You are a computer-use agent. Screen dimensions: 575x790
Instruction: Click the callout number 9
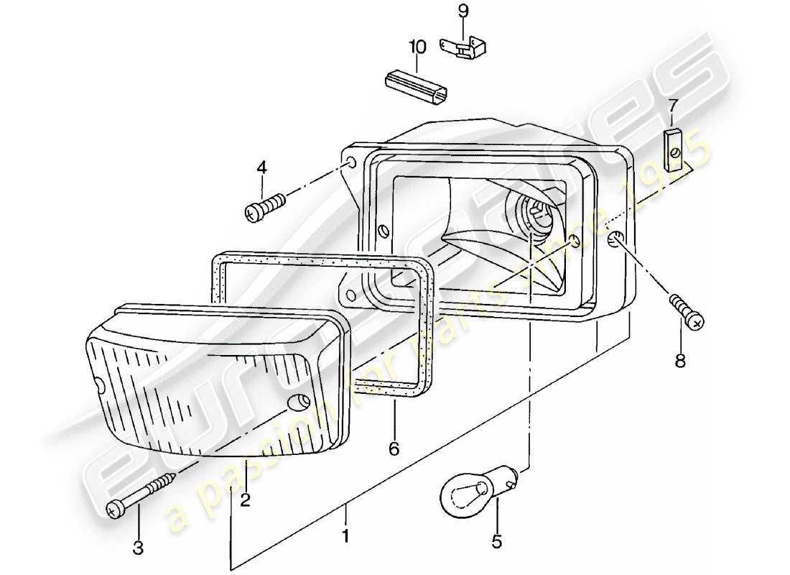pos(463,11)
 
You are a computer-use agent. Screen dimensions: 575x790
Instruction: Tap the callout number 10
pos(417,47)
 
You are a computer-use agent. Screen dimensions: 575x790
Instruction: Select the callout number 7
pos(672,106)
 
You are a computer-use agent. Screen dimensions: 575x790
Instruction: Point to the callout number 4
pos(261,167)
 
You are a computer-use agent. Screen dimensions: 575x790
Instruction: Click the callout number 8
pos(680,360)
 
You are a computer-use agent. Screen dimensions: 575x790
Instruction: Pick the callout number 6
pos(393,449)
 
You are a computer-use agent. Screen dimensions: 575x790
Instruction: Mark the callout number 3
pos(138,548)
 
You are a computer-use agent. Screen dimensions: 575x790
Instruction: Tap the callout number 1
pos(345,535)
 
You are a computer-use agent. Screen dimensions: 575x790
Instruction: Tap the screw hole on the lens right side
pos(295,403)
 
